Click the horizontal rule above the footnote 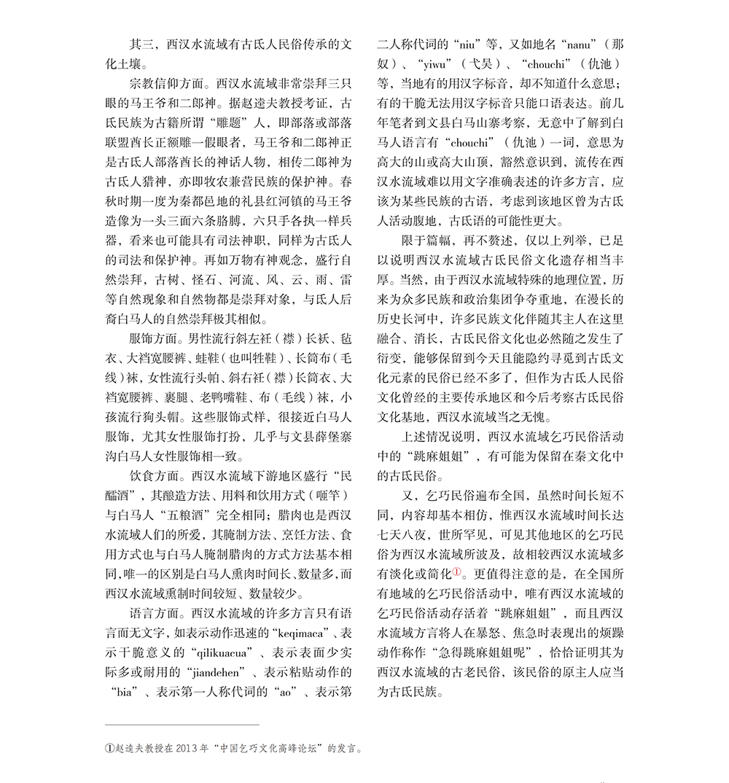tap(182, 725)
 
